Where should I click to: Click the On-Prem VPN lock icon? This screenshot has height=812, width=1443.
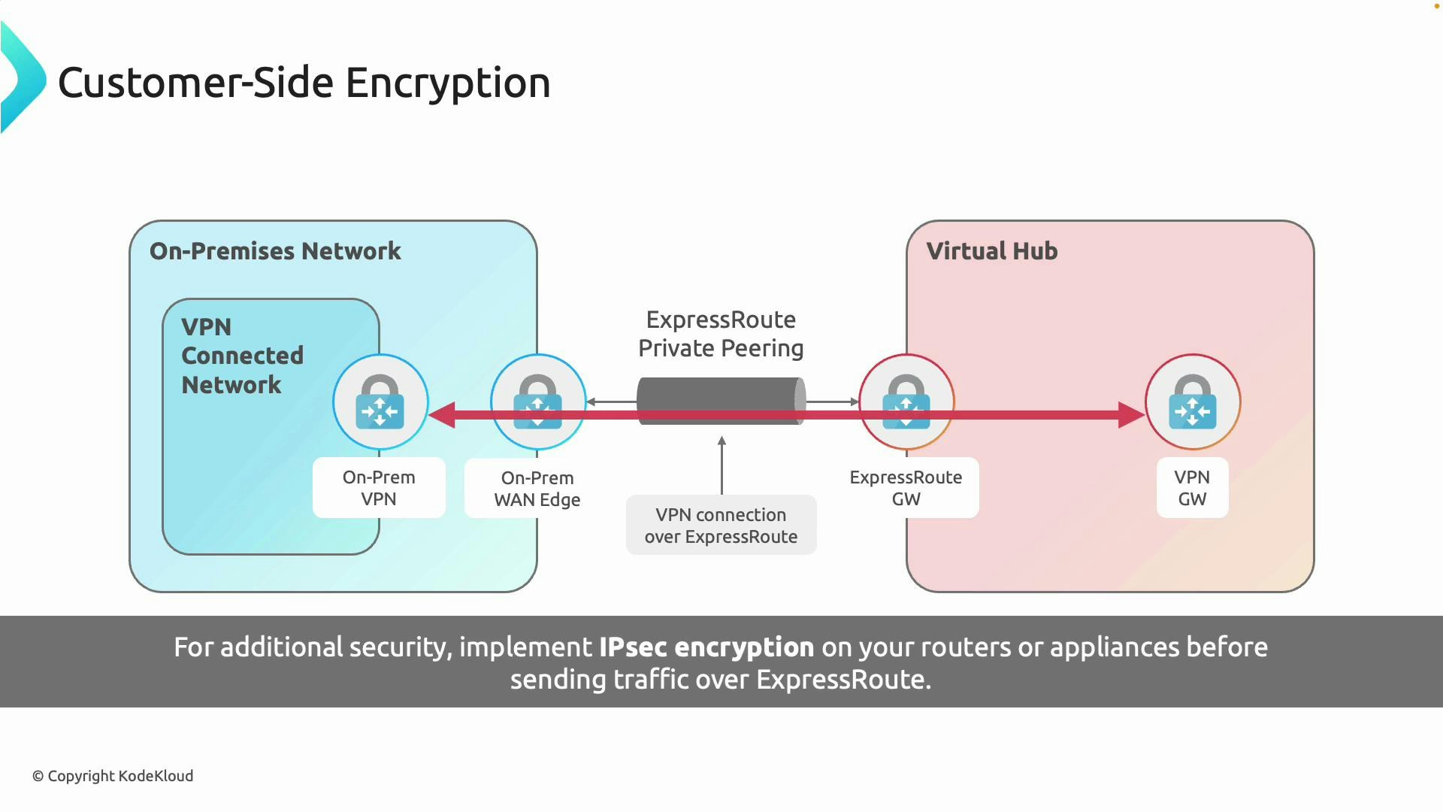[380, 401]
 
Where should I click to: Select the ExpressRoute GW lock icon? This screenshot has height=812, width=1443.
[906, 401]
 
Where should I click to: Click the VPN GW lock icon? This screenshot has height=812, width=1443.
[1193, 401]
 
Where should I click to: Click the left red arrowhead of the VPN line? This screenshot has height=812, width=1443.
[443, 415]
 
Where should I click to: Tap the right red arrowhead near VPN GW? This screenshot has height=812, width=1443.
[1130, 415]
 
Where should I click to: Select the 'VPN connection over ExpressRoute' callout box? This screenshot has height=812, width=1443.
[721, 526]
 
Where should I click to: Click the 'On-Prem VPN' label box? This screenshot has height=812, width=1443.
[379, 488]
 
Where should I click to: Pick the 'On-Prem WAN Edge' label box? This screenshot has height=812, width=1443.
[537, 489]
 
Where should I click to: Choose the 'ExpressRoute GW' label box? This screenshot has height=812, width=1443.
[906, 488]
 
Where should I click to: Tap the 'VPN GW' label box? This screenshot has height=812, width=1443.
[1192, 488]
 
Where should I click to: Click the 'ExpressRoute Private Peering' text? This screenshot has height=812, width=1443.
[721, 334]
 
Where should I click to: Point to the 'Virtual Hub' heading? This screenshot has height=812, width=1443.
[991, 251]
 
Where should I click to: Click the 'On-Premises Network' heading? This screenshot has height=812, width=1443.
[275, 251]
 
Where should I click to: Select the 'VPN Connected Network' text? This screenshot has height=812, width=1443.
[242, 356]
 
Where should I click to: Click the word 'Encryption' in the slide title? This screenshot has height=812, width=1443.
[448, 83]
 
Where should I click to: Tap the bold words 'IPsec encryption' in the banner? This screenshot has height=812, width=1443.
[706, 647]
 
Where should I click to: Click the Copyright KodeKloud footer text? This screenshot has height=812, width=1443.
[113, 776]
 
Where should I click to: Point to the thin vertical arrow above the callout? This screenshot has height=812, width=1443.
[721, 466]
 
